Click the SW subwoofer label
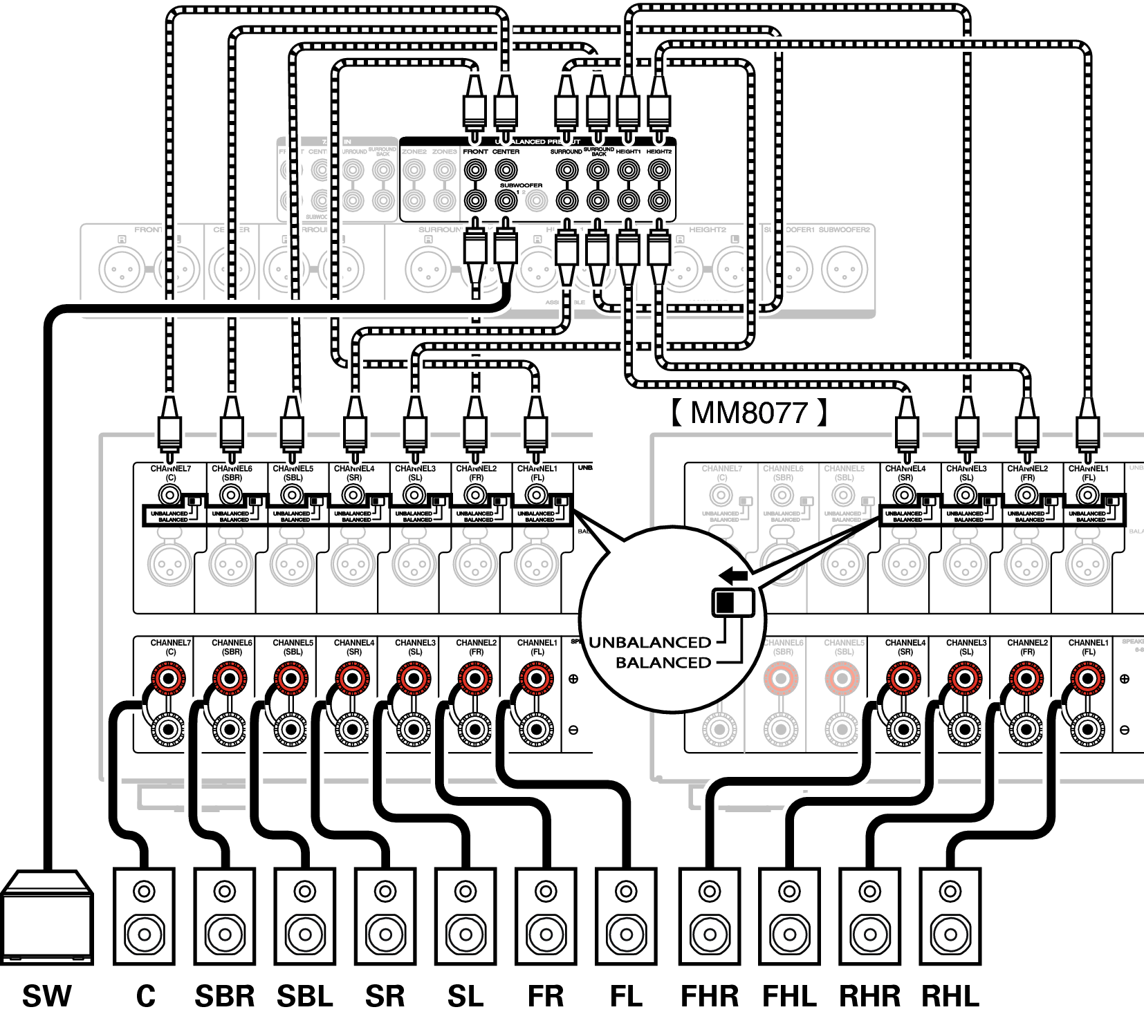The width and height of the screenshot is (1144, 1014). [x=46, y=996]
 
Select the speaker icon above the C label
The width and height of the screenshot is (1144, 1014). [x=144, y=917]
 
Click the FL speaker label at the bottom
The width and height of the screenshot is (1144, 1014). [x=626, y=996]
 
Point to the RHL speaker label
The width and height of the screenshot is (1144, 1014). [x=950, y=996]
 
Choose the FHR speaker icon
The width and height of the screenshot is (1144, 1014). [x=709, y=917]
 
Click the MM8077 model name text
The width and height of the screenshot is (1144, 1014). [x=748, y=413]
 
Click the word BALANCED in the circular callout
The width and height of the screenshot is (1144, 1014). [x=663, y=662]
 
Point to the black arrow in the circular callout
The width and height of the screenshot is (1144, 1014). [x=732, y=574]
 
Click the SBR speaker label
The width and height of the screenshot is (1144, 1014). [x=224, y=996]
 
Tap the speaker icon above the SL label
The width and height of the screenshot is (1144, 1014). [x=465, y=917]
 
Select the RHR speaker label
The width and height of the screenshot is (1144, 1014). [x=869, y=996]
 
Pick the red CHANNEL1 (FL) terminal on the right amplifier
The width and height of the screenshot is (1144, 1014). [x=1087, y=679]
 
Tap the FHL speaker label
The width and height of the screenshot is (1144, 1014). [x=789, y=996]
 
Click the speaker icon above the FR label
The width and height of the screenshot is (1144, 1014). [x=546, y=917]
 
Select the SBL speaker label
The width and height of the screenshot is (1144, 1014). [x=304, y=996]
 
